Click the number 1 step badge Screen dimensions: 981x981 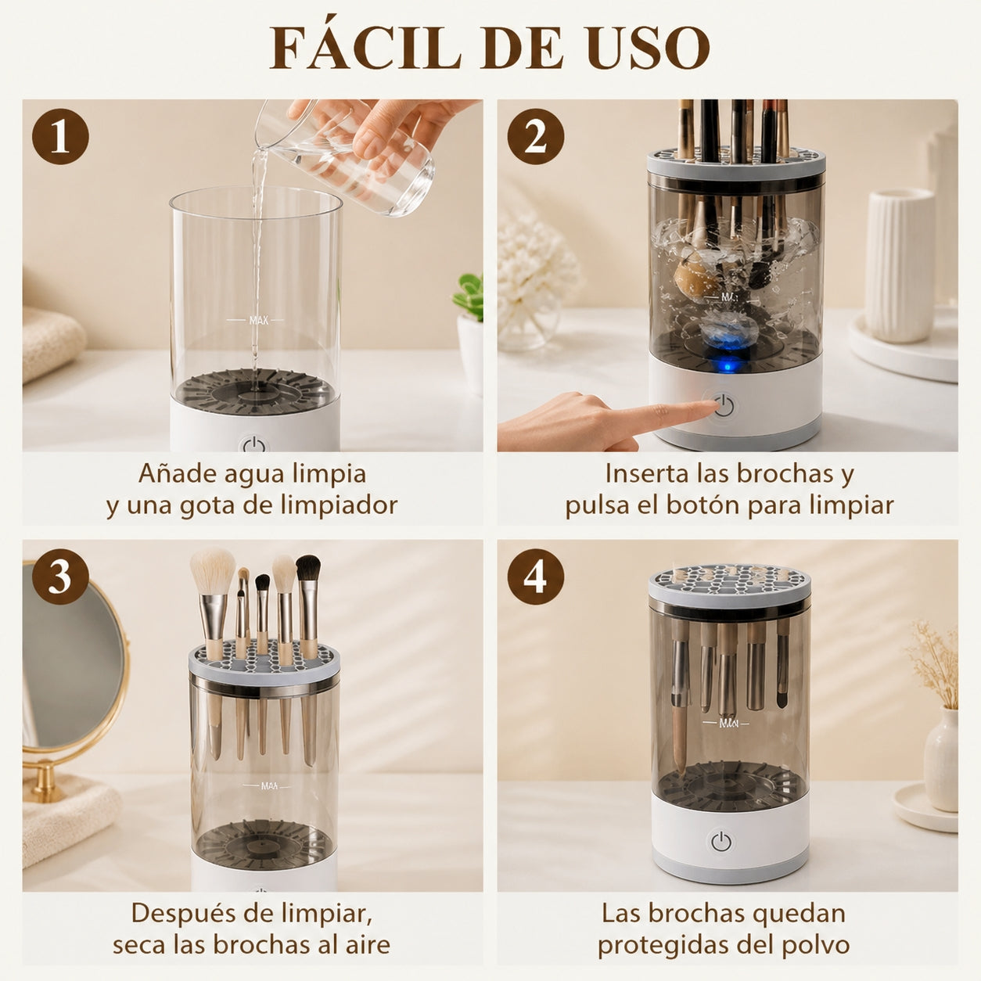60,136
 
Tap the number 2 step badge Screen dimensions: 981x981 535,136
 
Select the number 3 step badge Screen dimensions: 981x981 60,577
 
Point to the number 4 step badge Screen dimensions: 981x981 535,577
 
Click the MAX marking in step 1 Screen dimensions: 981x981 259,320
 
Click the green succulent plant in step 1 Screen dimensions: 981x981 469,296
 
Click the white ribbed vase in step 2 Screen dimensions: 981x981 899,265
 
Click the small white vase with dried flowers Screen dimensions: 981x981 941,749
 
